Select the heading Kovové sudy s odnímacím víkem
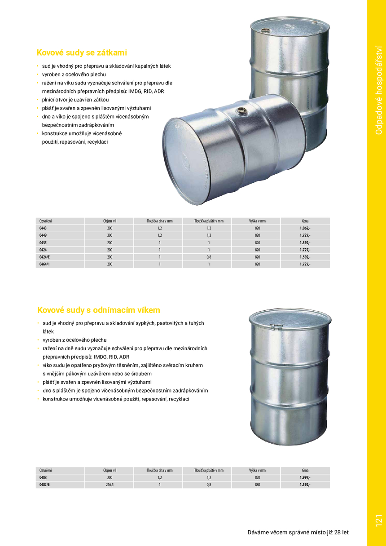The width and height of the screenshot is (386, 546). [x=98, y=310]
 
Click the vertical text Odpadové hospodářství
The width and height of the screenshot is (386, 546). [x=378, y=89]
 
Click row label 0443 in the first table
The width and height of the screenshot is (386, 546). [x=43, y=228]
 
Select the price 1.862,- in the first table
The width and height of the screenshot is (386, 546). [x=305, y=228]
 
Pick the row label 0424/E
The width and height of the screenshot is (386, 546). [x=45, y=257]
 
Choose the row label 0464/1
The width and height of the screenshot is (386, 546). [x=45, y=264]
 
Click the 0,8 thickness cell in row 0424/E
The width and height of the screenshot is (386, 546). [x=209, y=257]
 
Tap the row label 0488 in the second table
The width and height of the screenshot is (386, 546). [x=43, y=478]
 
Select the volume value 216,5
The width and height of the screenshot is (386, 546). [x=110, y=485]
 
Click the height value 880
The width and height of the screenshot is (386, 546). [x=257, y=485]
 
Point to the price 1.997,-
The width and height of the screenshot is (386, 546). [x=305, y=478]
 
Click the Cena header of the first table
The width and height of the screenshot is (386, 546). [x=305, y=221]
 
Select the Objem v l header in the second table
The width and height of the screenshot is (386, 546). [x=110, y=470]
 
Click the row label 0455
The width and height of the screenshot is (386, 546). [x=43, y=242]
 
